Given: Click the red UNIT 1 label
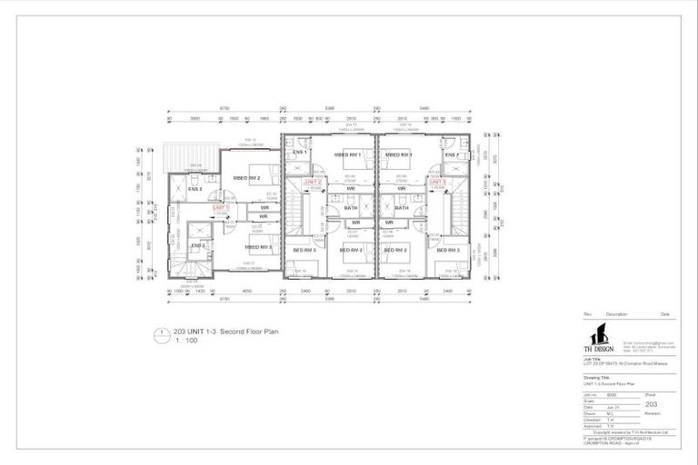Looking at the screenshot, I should (221, 208).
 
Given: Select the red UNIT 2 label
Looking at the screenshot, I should (313, 183).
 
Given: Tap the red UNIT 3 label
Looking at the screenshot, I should (438, 183).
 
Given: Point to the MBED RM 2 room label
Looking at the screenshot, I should (246, 178).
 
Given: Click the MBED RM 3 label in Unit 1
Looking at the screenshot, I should (258, 246).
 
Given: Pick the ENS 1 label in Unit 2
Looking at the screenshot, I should (299, 153).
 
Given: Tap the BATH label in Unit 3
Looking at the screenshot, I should (401, 208).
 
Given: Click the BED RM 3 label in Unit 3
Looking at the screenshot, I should (447, 249).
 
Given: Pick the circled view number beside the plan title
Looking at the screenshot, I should (161, 333).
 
